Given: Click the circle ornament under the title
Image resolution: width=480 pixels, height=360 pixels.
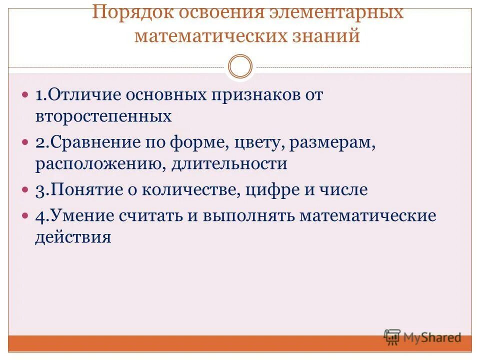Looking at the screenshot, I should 240,67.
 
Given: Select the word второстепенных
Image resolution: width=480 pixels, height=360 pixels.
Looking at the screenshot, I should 103,116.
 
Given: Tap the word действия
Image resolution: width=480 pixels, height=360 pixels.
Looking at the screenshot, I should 73,237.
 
